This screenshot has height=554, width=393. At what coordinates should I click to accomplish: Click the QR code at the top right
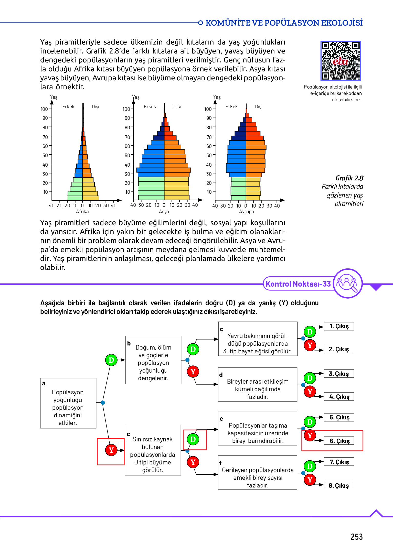341,61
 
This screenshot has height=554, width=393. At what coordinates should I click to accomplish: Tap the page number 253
356,537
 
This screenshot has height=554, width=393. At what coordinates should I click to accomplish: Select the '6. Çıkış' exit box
339,441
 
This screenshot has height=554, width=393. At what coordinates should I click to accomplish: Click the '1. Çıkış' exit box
339,326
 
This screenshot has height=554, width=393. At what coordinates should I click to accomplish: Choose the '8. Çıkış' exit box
339,485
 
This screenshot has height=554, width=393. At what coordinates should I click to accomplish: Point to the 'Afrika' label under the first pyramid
82,212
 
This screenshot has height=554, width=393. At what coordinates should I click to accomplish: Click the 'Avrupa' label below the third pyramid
246,212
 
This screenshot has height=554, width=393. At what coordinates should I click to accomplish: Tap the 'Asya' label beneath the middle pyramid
164,212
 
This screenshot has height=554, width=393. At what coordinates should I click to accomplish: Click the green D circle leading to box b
111,360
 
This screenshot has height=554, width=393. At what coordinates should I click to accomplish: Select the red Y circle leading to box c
111,450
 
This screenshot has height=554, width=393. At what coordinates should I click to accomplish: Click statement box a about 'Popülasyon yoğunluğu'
68,403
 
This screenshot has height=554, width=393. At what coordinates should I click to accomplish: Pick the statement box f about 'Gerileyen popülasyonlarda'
257,472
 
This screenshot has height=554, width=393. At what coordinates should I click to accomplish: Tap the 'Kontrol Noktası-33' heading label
298,284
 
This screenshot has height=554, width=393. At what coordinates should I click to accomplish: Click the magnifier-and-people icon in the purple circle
347,283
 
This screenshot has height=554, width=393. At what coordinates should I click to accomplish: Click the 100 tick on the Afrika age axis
44,109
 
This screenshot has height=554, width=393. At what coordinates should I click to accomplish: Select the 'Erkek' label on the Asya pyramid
150,106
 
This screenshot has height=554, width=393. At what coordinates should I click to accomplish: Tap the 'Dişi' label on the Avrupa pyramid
259,106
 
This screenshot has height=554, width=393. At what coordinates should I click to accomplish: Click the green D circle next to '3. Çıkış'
310,378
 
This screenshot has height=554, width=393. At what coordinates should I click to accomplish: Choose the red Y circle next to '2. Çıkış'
310,345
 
